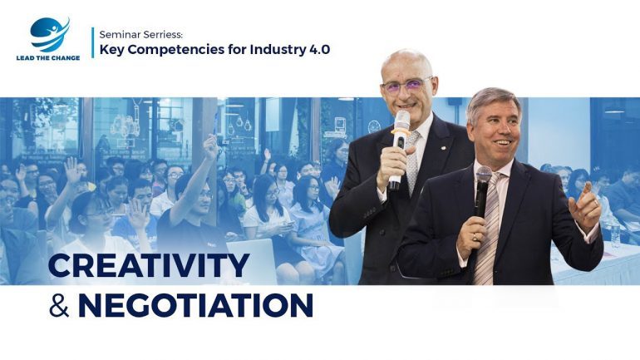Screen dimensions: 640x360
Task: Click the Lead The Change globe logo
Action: pyautogui.click(x=49, y=35)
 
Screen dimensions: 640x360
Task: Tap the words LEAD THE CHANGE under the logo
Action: pyautogui.click(x=48, y=58)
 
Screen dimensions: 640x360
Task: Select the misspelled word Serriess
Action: pyautogui.click(x=160, y=35)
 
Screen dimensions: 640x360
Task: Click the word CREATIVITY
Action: pyautogui.click(x=149, y=265)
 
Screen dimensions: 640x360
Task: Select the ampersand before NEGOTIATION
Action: pyautogui.click(x=59, y=305)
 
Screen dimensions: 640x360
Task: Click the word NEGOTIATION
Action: pyautogui.click(x=195, y=305)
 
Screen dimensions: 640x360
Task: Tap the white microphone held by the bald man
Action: pyautogui.click(x=399, y=150)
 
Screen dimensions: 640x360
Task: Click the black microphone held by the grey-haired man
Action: pyautogui.click(x=482, y=191)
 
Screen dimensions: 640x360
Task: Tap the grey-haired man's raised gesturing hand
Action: pyautogui.click(x=585, y=207)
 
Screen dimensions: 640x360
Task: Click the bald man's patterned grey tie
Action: pyautogui.click(x=412, y=160)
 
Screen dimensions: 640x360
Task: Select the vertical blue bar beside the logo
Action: pyautogui.click(x=92, y=42)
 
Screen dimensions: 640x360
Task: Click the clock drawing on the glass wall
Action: pyautogui.click(x=374, y=126)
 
